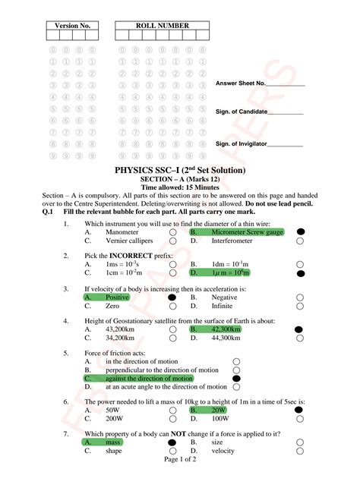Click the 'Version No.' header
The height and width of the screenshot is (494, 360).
(73, 26)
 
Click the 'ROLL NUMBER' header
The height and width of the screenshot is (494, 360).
(163, 26)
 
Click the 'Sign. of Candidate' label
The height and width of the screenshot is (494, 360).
(242, 112)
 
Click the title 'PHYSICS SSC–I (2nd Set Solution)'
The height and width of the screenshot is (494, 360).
(179, 171)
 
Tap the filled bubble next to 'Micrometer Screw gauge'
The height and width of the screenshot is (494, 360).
(300, 231)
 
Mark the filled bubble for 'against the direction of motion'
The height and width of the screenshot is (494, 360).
(236, 378)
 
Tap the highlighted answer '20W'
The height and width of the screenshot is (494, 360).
(219, 410)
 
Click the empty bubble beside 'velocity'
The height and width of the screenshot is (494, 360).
(300, 450)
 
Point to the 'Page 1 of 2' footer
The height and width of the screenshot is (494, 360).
(180, 459)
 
